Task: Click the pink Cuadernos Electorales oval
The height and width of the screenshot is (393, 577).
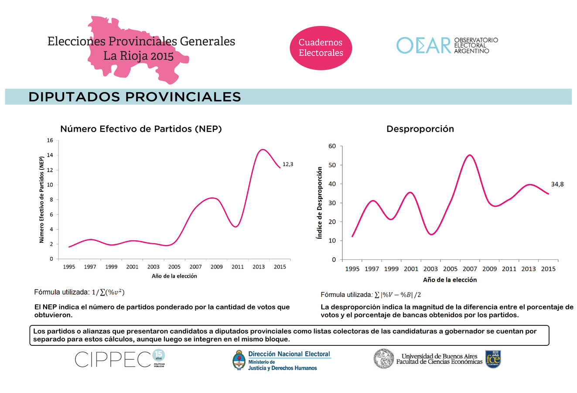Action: click(x=321, y=48)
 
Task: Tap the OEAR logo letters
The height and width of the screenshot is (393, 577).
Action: click(x=423, y=45)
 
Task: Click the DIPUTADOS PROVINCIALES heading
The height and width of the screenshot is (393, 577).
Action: click(x=135, y=97)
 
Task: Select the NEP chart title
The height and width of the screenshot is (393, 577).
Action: click(x=141, y=129)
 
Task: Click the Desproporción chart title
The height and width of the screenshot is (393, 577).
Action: click(x=420, y=129)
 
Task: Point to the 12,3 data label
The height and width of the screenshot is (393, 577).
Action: click(x=288, y=164)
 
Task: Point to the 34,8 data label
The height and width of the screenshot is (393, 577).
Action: click(x=557, y=184)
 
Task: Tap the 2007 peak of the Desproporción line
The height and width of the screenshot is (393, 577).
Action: click(x=470, y=155)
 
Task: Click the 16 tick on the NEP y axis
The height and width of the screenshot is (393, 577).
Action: click(x=50, y=141)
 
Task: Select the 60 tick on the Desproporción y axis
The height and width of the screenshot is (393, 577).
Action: click(x=332, y=146)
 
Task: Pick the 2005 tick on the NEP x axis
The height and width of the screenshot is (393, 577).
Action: click(x=174, y=267)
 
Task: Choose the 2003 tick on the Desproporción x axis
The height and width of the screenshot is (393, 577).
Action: click(x=430, y=269)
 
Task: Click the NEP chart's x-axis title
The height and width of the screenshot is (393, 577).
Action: click(x=174, y=276)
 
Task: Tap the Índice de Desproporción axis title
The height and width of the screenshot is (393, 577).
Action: click(x=320, y=203)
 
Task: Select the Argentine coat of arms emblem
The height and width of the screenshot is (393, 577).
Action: click(x=239, y=360)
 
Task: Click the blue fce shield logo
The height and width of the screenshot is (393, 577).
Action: click(x=493, y=359)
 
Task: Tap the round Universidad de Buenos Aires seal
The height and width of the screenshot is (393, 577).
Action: click(x=384, y=359)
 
